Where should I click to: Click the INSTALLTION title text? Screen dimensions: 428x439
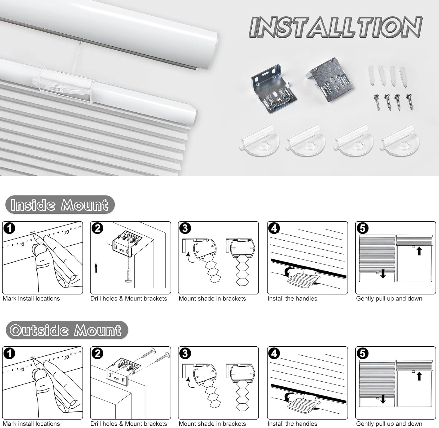tap(335, 27)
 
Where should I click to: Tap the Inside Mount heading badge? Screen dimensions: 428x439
tap(60, 205)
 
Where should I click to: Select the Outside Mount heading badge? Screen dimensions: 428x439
tap(66, 330)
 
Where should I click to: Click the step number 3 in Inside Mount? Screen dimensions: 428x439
tap(185, 228)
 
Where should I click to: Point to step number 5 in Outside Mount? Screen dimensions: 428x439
tap(363, 354)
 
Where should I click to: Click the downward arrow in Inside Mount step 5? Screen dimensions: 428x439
tap(383, 274)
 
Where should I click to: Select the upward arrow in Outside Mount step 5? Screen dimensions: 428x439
tap(419, 376)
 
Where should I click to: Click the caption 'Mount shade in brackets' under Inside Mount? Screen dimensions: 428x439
tap(212, 299)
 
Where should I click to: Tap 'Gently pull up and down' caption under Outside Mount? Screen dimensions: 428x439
tap(389, 424)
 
